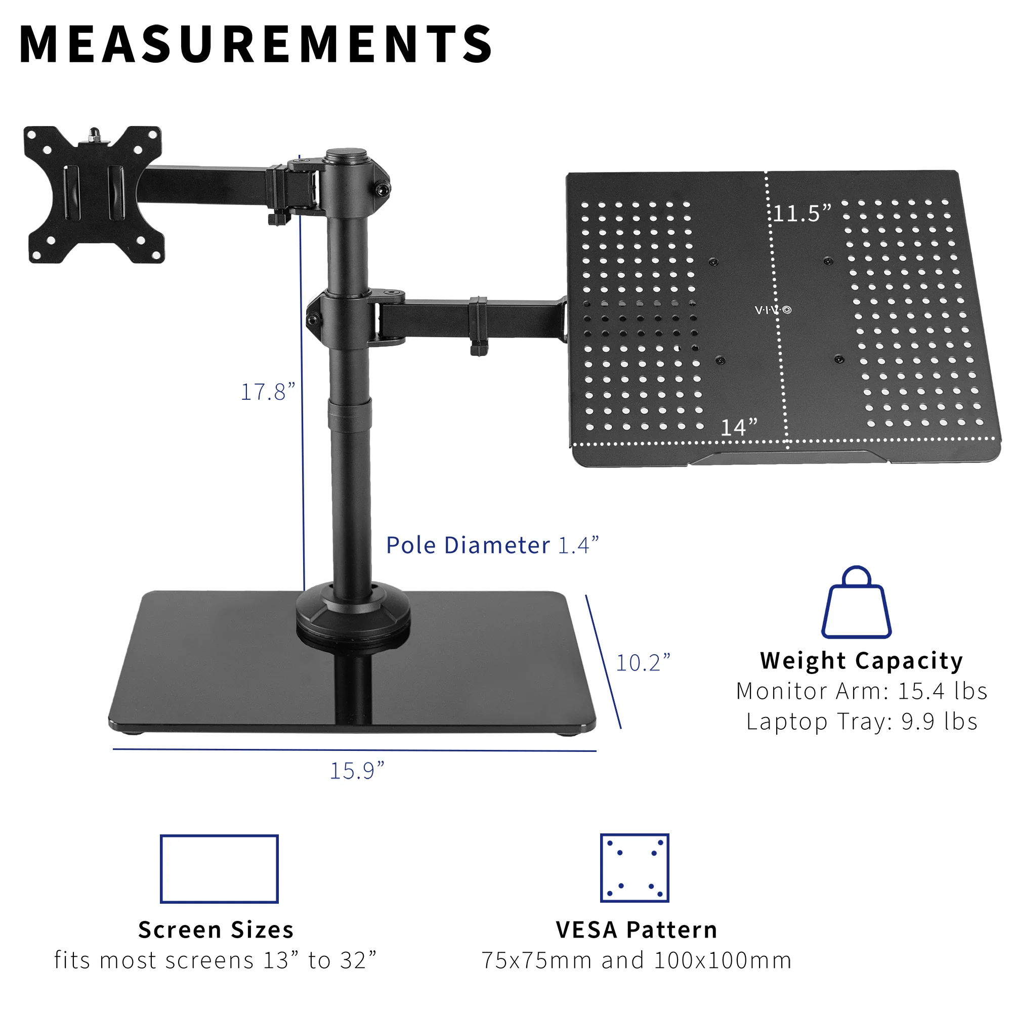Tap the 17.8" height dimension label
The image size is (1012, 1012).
click(268, 392)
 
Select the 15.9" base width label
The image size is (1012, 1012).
click(357, 771)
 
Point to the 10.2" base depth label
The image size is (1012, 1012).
click(643, 663)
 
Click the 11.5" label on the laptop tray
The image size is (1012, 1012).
click(802, 213)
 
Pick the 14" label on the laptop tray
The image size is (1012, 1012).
click(739, 428)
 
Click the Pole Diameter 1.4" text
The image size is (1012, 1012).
click(492, 545)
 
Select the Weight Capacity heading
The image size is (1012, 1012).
click(861, 660)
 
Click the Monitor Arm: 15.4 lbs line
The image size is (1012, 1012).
click(861, 691)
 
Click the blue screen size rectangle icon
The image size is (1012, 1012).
click(219, 868)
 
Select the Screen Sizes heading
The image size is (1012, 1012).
click(216, 930)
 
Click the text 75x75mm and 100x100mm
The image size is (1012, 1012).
click(636, 960)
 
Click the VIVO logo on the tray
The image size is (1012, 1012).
click(773, 310)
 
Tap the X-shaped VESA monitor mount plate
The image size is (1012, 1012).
click(94, 194)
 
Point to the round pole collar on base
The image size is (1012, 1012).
click(353, 613)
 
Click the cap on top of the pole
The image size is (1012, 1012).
click(346, 155)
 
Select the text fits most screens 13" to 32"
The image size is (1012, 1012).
click(215, 960)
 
